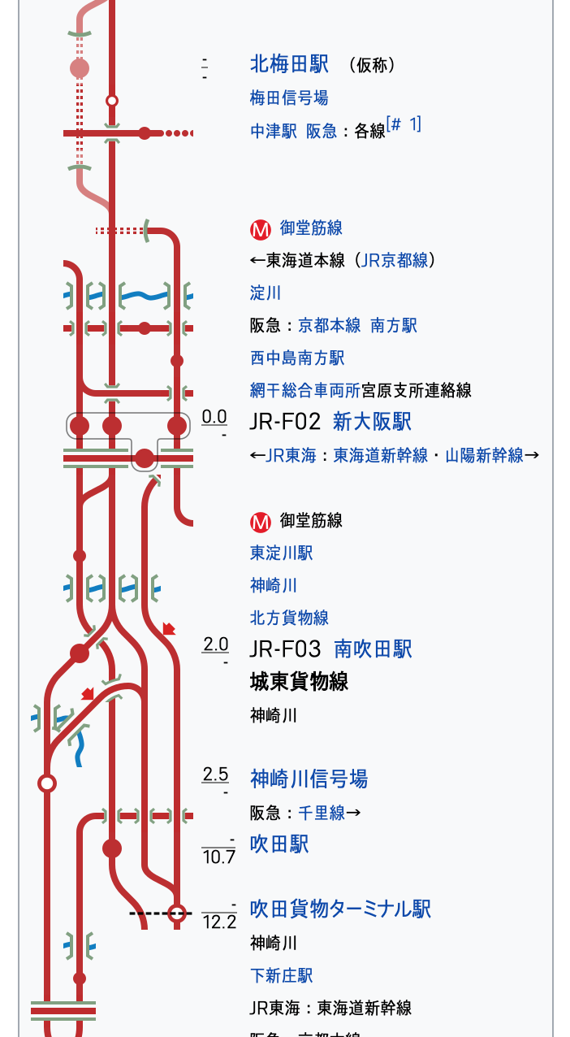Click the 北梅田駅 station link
289,64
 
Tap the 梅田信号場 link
289,98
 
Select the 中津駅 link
274,131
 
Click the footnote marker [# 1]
404,124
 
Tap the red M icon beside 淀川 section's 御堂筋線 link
260,229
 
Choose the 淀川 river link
266,293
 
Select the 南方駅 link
394,325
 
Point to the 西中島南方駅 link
297,358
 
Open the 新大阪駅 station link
372,421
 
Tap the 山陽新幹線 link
484,455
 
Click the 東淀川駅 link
281,553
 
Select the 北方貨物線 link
289,618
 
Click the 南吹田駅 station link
373,649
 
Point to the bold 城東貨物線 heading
299,681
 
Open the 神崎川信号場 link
309,779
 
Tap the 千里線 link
322,813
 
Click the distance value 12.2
219,922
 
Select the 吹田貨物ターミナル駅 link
340,909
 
